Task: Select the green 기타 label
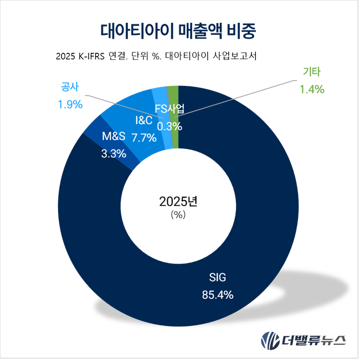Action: (312, 72)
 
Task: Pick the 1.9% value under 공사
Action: (70, 103)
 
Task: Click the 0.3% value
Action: (169, 126)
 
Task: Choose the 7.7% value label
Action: (143, 136)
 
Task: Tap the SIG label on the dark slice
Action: (218, 277)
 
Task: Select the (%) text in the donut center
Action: (178, 215)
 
